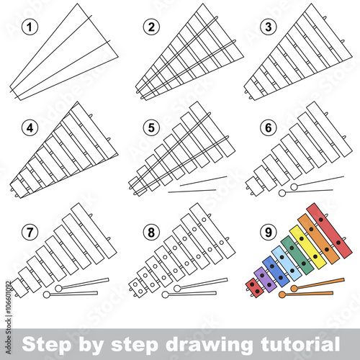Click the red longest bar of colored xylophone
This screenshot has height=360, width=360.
coord(329,230)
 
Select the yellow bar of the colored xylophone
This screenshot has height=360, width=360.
coord(301,248)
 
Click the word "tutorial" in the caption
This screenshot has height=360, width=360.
coord(296,341)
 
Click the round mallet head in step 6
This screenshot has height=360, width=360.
coord(294,188)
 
